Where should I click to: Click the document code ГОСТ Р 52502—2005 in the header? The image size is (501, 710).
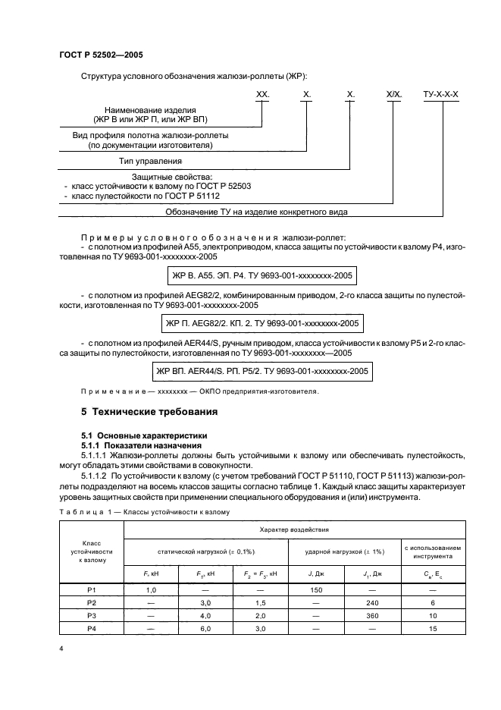tap(101, 55)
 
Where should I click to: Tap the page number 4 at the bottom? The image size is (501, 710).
tap(61, 649)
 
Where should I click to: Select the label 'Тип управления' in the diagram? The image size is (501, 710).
tap(150, 162)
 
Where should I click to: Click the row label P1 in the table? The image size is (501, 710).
tap(92, 589)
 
